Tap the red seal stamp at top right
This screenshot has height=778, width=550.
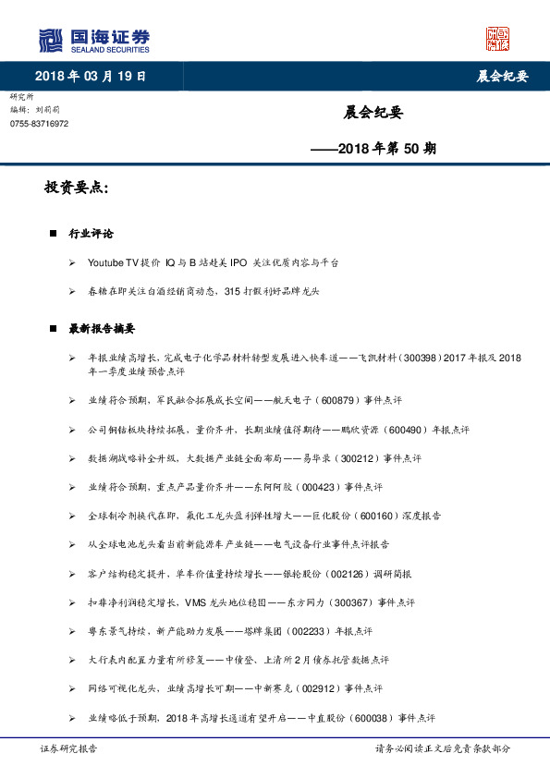[x=498, y=38]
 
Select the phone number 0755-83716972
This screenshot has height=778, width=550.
[x=39, y=124]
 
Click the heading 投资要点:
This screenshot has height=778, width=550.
[x=77, y=188]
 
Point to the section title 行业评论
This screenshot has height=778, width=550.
[x=91, y=235]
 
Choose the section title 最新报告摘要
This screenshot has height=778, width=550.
[x=102, y=328]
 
